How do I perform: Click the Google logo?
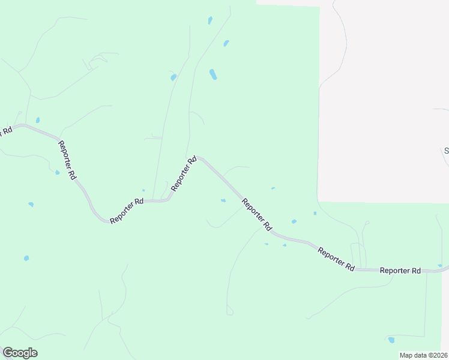pyautogui.click(x=20, y=353)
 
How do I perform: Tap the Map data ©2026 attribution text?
pyautogui.click(x=423, y=355)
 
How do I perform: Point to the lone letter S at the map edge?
pyautogui.click(x=446, y=151)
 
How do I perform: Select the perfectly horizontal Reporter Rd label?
pyautogui.click(x=400, y=271)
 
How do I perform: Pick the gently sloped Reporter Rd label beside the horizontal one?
pyautogui.click(x=336, y=258)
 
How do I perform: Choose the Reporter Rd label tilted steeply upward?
pyautogui.click(x=184, y=174)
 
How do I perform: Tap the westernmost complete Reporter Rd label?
pyautogui.click(x=67, y=160)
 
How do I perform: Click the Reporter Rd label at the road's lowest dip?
pyautogui.click(x=126, y=211)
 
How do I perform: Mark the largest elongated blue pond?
pyautogui.click(x=212, y=74)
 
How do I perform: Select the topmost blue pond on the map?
pyautogui.click(x=210, y=20)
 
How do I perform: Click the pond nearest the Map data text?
pyautogui.click(x=391, y=340)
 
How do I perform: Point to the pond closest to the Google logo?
pyautogui.click(x=26, y=258)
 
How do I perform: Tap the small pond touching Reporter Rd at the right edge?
pyautogui.click(x=440, y=265)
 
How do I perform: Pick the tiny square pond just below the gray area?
pyautogui.click(x=315, y=213)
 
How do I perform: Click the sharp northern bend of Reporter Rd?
pyautogui.click(x=200, y=158)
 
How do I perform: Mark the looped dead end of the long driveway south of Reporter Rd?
pyautogui.click(x=229, y=311)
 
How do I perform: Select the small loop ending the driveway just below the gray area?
pyautogui.click(x=366, y=223)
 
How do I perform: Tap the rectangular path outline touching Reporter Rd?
pyautogui.click(x=356, y=255)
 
